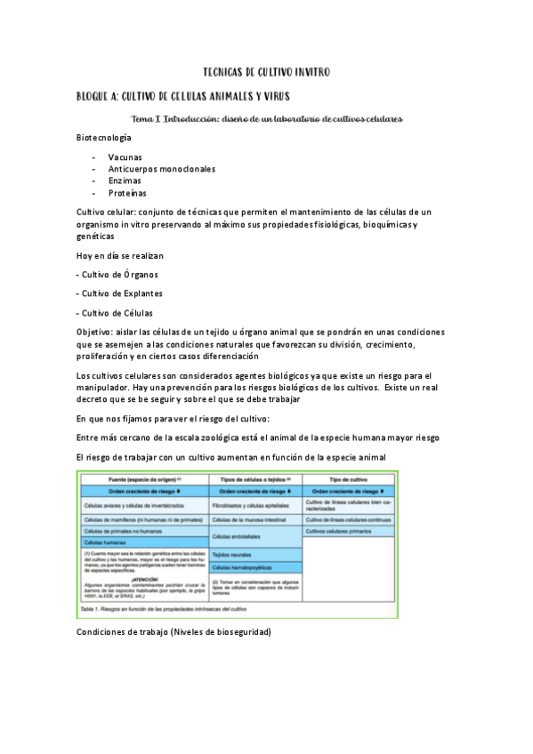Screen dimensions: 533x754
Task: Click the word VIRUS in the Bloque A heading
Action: coord(270,95)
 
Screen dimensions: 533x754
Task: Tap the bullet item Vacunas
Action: coord(125,156)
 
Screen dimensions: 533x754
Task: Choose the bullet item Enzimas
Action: coord(125,180)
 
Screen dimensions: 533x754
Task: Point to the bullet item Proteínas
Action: coord(127,193)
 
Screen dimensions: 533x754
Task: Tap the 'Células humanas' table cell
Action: coord(105,541)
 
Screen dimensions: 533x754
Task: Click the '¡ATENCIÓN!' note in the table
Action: coord(143,576)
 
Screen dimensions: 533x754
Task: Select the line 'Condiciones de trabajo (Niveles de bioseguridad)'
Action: coord(174,631)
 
